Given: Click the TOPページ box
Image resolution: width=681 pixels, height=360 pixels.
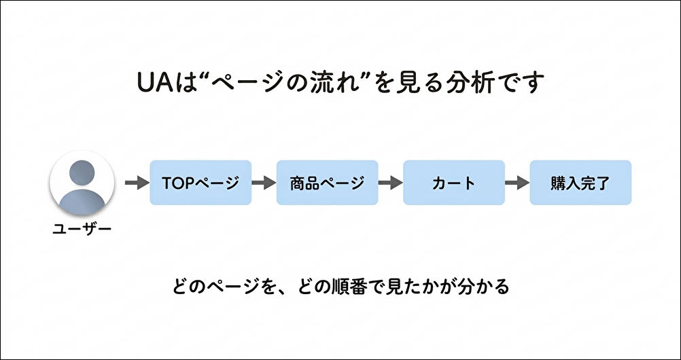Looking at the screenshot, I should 200,183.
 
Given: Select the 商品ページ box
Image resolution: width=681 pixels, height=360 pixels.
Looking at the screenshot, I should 327,183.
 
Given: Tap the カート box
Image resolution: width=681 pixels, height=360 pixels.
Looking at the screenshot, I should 453,183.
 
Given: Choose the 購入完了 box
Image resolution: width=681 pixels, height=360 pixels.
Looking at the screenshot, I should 580,183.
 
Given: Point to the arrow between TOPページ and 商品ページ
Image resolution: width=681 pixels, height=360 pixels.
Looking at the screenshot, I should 264,183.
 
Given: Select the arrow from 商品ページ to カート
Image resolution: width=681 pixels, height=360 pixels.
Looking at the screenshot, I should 390,183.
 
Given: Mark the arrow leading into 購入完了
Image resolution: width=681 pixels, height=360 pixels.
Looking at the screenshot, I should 517,183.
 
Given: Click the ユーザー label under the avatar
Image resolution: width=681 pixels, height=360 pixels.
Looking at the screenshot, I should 82,229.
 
